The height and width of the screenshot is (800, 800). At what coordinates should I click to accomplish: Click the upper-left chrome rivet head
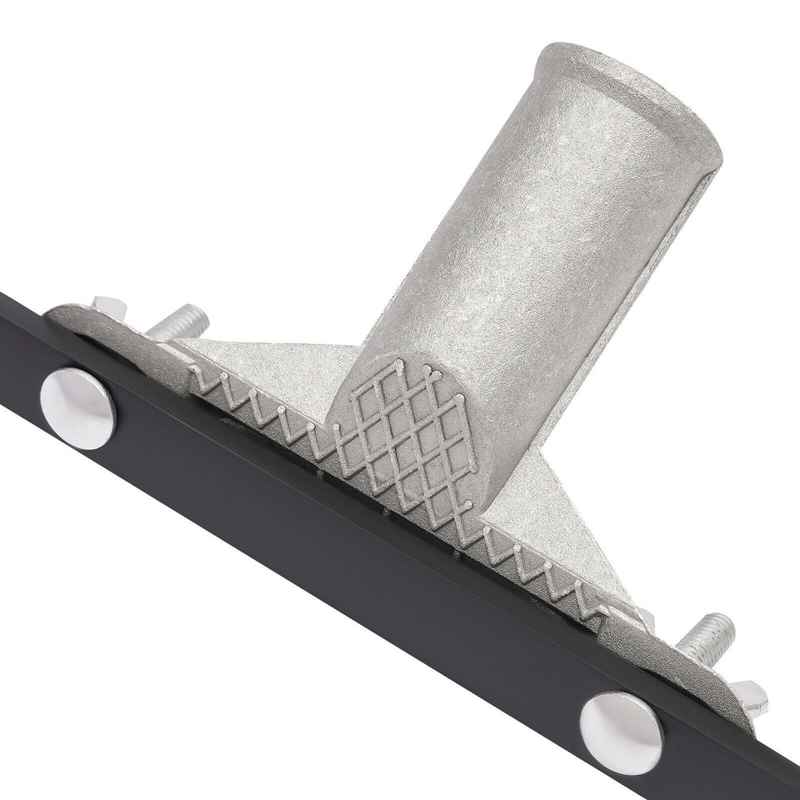click(78, 408)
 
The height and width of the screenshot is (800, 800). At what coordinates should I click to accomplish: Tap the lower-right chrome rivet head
click(621, 732)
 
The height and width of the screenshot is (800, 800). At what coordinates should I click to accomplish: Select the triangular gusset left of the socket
click(275, 367)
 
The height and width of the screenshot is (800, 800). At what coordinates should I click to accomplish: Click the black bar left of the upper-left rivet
click(21, 350)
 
